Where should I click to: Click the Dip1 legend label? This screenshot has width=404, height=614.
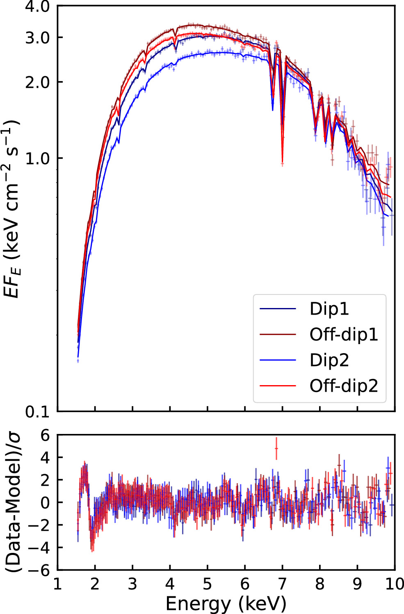click(329, 309)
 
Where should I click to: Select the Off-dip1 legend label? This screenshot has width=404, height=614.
click(343, 335)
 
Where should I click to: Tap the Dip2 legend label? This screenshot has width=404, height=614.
click(329, 360)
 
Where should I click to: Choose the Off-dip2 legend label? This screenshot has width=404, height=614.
click(343, 386)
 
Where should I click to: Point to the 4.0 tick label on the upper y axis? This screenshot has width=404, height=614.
click(37, 7)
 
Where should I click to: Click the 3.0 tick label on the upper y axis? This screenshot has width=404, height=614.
click(37, 38)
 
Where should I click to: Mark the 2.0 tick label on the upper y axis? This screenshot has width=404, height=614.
click(37, 82)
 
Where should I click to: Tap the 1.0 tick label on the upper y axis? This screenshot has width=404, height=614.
click(37, 158)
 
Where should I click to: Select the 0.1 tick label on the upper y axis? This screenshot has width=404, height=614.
click(37, 411)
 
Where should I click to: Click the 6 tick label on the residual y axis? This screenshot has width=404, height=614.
click(45, 435)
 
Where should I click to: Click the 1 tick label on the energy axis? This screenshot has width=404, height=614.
click(57, 584)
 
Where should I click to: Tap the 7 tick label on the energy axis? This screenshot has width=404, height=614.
click(282, 584)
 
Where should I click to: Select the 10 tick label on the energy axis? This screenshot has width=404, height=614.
click(394, 584)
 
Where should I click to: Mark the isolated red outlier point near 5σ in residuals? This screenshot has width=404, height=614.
click(276, 448)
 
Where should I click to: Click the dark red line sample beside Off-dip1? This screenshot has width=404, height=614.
click(278, 335)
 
